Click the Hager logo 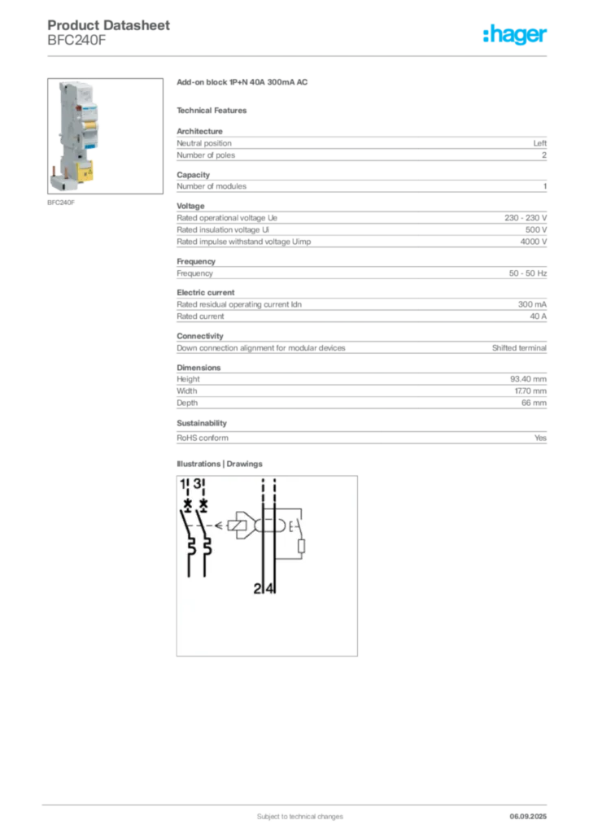(514, 34)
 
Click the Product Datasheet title (108, 25)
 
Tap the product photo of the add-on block (105, 136)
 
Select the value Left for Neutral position (539, 143)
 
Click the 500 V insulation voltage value (536, 230)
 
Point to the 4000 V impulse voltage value (533, 242)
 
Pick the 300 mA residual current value (532, 304)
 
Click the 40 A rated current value (538, 316)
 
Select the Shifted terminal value (519, 348)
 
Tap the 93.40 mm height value (528, 379)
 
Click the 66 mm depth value (534, 403)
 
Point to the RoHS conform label (203, 438)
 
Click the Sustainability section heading (202, 423)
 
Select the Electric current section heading (206, 293)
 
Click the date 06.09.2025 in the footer (528, 817)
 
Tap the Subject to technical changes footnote (300, 817)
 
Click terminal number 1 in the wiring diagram (183, 484)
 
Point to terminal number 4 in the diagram (270, 589)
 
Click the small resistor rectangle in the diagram (301, 546)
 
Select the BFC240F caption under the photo (61, 203)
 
